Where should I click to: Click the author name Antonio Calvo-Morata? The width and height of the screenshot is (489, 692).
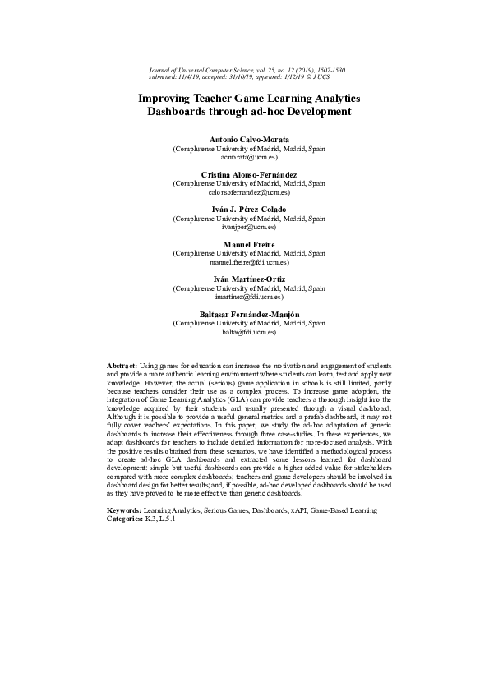244,139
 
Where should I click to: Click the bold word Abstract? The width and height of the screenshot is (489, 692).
122,364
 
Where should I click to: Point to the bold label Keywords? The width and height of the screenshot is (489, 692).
125,510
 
